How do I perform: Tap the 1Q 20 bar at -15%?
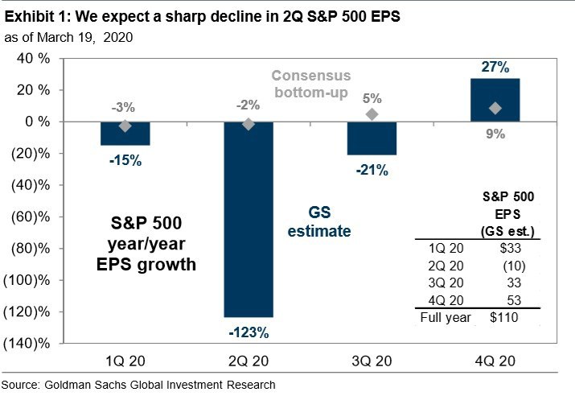coord(125,134)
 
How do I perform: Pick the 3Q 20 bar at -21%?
coord(372,138)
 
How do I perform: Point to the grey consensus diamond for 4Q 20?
coord(495,108)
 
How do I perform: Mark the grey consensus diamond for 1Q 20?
coord(125,126)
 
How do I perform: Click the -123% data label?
coord(248,331)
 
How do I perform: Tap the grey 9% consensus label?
coord(495,134)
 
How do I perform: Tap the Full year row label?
coord(443,317)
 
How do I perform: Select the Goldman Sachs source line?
coord(138,385)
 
